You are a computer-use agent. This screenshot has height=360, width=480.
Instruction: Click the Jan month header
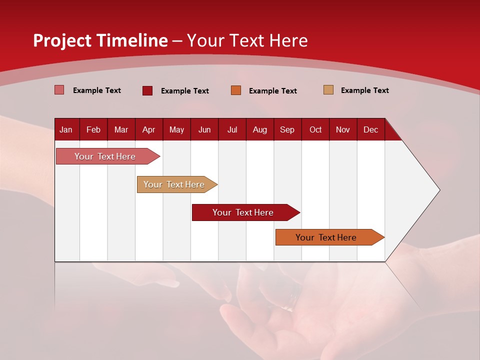point(66,129)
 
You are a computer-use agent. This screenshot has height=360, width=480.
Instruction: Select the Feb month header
point(93,129)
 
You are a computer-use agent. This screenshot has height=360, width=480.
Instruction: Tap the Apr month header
point(148,129)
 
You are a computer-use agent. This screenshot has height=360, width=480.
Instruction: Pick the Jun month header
point(204,129)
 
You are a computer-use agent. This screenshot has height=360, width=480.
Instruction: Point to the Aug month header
point(260,129)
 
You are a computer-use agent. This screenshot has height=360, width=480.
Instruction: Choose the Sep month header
point(287,129)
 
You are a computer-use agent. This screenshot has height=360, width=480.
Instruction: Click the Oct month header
point(315,129)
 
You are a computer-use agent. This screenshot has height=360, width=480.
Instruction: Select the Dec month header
point(370,129)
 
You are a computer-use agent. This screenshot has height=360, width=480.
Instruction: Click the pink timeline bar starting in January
point(105,156)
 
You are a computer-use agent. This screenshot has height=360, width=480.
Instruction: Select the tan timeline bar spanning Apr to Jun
point(174,184)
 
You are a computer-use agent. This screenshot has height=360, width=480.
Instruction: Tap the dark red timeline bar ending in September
point(243,212)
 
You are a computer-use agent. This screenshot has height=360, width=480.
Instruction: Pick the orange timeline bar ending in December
point(326,237)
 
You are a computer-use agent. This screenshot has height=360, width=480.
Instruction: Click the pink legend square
point(59,90)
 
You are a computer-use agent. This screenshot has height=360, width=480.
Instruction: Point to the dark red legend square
point(147,90)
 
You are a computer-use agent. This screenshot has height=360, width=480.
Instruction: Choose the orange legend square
point(236,90)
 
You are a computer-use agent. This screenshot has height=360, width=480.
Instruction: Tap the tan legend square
point(328,90)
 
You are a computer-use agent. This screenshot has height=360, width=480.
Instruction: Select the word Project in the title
point(62,40)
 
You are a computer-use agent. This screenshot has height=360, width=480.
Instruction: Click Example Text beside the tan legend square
point(364,90)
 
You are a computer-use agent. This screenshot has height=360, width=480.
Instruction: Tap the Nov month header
point(343,129)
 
